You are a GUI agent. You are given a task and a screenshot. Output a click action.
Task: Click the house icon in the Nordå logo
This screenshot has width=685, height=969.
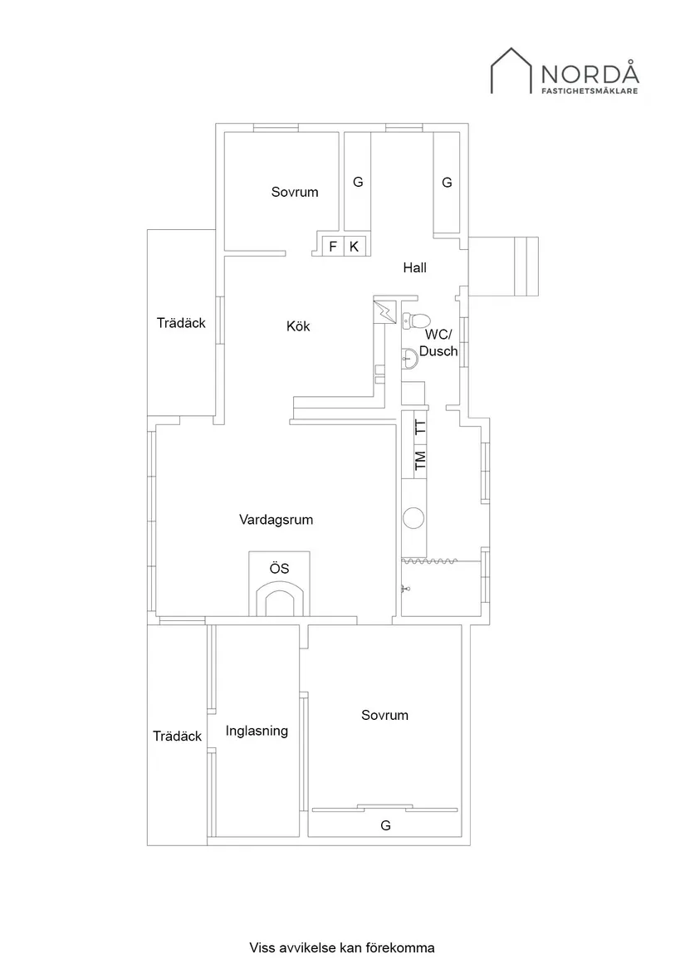coord(512,71)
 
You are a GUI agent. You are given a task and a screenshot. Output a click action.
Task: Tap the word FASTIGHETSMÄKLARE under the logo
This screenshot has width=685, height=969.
coord(590,91)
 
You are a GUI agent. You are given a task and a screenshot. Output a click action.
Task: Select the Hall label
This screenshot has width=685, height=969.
coord(414,267)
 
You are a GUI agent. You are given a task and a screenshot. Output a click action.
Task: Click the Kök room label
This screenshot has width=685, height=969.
coord(298,326)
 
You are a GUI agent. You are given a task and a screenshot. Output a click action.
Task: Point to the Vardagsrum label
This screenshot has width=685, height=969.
coord(276,520)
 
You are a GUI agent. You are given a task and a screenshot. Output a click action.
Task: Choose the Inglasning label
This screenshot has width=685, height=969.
coord(257,731)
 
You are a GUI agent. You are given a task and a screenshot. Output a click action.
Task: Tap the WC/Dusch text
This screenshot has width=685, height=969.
coord(438,343)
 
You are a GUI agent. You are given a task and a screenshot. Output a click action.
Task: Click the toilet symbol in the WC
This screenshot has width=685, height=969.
coord(417,321)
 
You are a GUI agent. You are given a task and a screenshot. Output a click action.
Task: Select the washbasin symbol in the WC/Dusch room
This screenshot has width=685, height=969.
coord(409,359)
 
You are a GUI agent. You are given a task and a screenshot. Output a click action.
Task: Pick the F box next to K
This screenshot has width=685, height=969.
coord(333,247)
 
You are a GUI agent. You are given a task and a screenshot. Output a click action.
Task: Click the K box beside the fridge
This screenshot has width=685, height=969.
coord(354,247)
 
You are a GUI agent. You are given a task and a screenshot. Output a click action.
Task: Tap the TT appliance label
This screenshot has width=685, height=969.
coord(420,429)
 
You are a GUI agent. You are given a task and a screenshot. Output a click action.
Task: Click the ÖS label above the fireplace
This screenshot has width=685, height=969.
coord(279,569)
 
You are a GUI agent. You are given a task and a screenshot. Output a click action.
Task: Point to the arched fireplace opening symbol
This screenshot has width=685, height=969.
coord(279,600)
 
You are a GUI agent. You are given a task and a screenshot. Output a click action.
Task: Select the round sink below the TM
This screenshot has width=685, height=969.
coord(413,518)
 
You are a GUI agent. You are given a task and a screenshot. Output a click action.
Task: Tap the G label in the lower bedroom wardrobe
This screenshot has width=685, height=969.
coord(385,825)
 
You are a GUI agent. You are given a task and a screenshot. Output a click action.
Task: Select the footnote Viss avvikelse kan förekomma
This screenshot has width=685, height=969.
coord(342,947)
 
